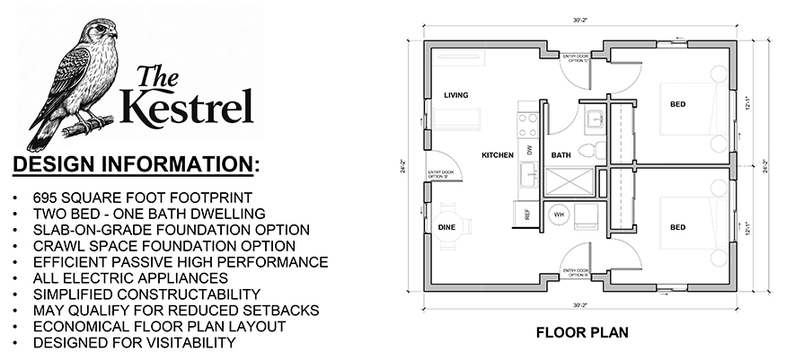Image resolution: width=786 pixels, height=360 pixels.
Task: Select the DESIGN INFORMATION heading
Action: click(135, 164)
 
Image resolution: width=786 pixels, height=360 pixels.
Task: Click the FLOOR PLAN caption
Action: click(581, 332)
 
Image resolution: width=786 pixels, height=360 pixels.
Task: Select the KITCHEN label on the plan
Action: click(497, 155)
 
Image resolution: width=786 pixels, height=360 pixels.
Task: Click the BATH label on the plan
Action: click(561, 155)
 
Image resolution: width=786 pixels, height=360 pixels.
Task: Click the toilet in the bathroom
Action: click(589, 149)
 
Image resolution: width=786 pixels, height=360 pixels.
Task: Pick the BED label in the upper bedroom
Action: click(676, 105)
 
